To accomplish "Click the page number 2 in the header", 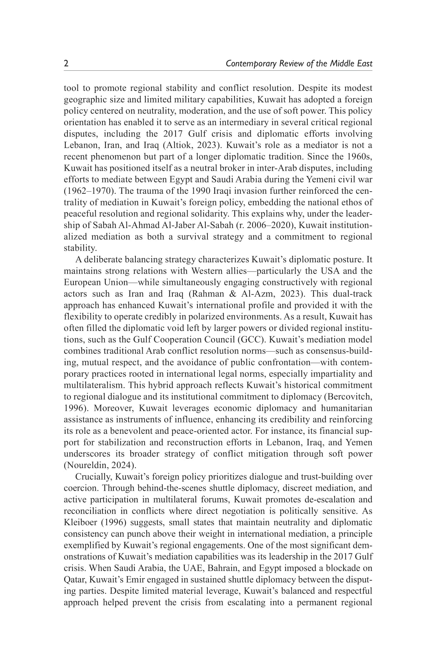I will coord(66,63).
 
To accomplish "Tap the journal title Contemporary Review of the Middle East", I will coord(299,63).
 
